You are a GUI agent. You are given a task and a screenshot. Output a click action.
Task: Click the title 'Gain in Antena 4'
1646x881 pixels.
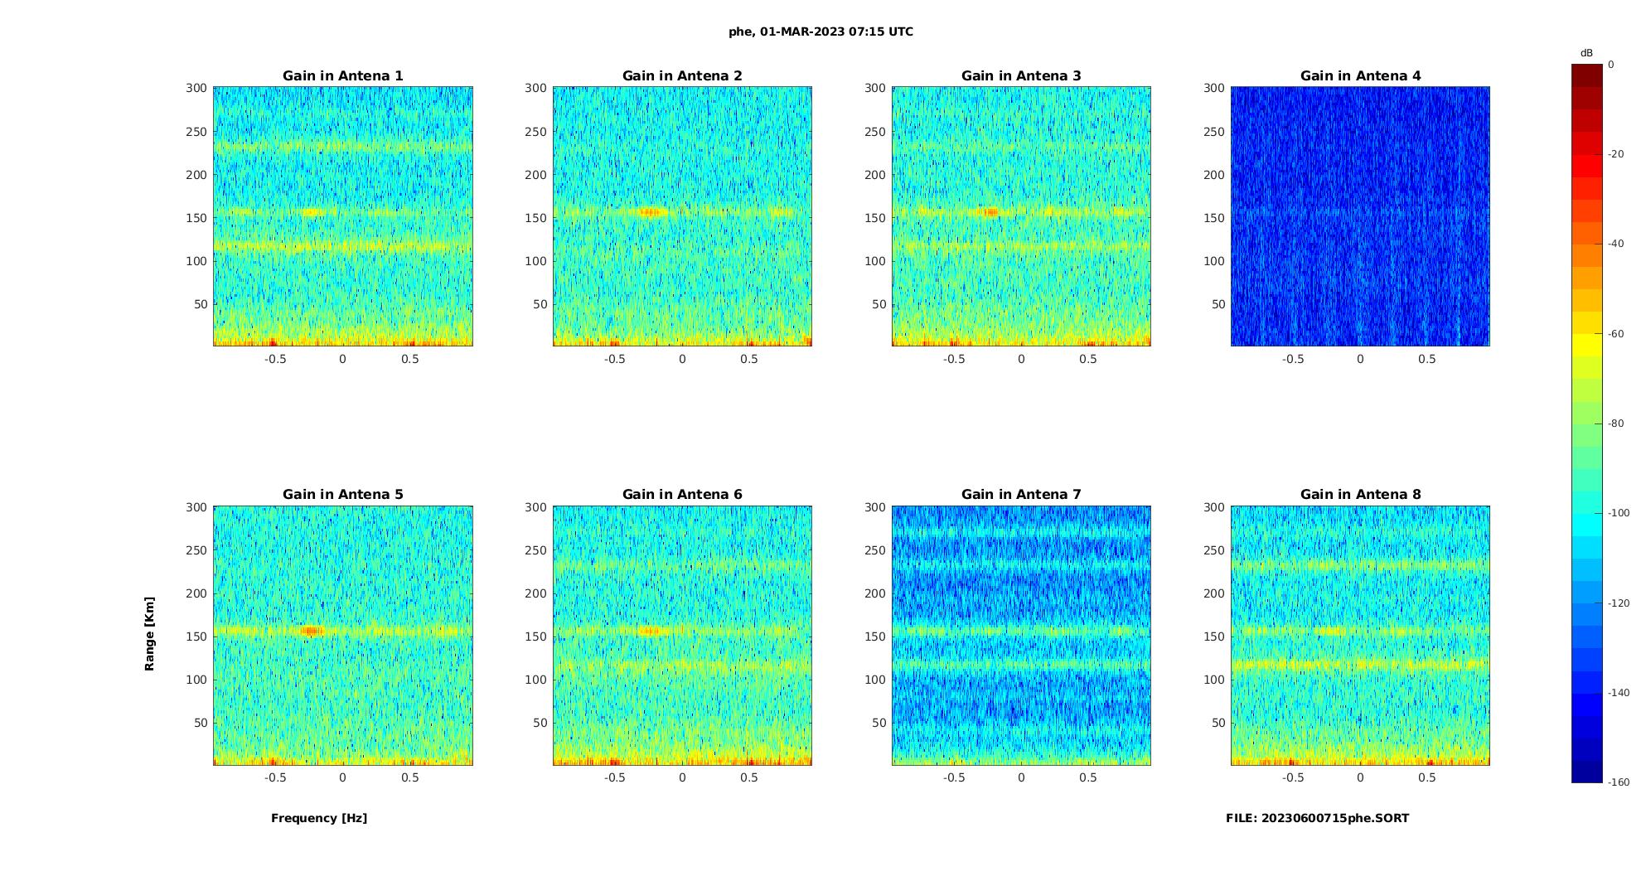[1360, 75]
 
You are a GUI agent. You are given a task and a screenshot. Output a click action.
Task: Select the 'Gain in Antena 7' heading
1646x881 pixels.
[1021, 494]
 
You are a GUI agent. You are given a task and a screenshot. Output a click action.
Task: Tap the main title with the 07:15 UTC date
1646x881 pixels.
[821, 31]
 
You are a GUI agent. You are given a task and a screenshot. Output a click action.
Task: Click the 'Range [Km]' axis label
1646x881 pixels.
[149, 633]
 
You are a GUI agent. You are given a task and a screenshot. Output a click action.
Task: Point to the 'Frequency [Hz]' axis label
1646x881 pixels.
[319, 818]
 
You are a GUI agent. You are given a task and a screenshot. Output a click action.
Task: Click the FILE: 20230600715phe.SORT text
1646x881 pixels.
[1317, 818]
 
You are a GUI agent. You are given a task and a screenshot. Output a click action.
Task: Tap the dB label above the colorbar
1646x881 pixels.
[1586, 53]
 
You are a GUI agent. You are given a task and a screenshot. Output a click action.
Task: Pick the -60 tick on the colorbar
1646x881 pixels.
[1616, 334]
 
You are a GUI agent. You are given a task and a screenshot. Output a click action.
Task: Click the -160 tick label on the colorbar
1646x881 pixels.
[1619, 782]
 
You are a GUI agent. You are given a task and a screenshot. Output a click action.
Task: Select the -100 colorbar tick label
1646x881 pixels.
[1619, 513]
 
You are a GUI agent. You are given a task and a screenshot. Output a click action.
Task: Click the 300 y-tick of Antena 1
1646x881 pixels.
[196, 88]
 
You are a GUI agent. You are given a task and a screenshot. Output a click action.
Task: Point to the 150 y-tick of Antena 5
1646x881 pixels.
[196, 637]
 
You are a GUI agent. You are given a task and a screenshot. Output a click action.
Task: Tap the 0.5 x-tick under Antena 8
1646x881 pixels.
[1426, 777]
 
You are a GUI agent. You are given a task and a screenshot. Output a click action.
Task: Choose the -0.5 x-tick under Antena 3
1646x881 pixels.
[954, 359]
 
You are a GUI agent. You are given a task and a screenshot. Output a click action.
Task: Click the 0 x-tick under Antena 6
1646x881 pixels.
[682, 777]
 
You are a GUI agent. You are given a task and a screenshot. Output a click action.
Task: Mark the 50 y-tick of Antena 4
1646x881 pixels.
[1218, 304]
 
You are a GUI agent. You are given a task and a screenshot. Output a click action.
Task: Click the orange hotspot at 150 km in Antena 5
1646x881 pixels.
[312, 631]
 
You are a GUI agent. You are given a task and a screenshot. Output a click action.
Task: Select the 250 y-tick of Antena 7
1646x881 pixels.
[874, 550]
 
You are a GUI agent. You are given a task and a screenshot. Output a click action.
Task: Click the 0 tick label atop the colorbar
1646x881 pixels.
[1611, 65]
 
